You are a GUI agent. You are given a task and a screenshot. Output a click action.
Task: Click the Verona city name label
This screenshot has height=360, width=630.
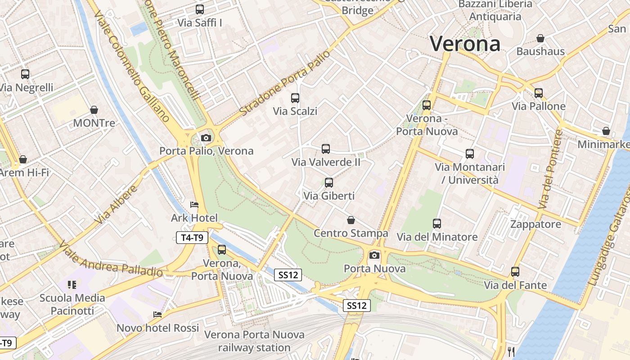point(464,44)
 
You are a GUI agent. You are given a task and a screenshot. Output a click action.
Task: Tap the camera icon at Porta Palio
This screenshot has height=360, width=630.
point(206,138)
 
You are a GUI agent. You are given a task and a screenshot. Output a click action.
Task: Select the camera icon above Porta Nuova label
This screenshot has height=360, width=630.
point(374,256)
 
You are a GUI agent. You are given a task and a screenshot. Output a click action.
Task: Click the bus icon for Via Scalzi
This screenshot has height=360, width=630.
point(295,98)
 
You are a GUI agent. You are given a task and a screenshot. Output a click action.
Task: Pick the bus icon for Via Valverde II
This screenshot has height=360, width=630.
point(326,149)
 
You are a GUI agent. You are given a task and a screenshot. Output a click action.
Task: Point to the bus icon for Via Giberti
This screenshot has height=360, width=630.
point(329,183)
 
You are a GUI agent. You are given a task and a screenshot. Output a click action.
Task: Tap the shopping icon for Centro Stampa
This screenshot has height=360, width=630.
point(351,220)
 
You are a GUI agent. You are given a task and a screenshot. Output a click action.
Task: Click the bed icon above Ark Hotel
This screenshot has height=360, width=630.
point(194,205)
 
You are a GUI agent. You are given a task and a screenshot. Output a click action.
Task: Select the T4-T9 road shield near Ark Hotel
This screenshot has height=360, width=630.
point(192,238)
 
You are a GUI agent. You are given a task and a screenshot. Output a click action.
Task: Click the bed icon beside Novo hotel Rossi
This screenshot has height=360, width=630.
point(157,315)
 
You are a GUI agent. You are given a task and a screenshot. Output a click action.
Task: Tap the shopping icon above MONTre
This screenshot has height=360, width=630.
point(94,110)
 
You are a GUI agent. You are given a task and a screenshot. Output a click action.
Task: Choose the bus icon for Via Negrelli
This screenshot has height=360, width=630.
point(25,74)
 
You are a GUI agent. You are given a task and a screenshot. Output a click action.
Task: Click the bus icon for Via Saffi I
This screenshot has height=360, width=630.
point(200,9)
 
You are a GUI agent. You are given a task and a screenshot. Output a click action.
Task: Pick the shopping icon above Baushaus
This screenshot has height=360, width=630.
point(540,38)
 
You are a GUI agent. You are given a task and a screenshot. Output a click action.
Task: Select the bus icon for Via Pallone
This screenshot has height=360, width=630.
point(539,93)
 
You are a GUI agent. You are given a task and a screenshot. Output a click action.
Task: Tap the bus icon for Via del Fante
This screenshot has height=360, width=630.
point(515,272)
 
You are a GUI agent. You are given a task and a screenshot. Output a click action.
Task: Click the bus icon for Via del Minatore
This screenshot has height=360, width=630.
point(437,224)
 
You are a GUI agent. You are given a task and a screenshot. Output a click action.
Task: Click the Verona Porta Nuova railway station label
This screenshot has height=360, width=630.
point(254,341)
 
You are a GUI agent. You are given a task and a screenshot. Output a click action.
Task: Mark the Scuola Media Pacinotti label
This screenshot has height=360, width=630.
point(72,304)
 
